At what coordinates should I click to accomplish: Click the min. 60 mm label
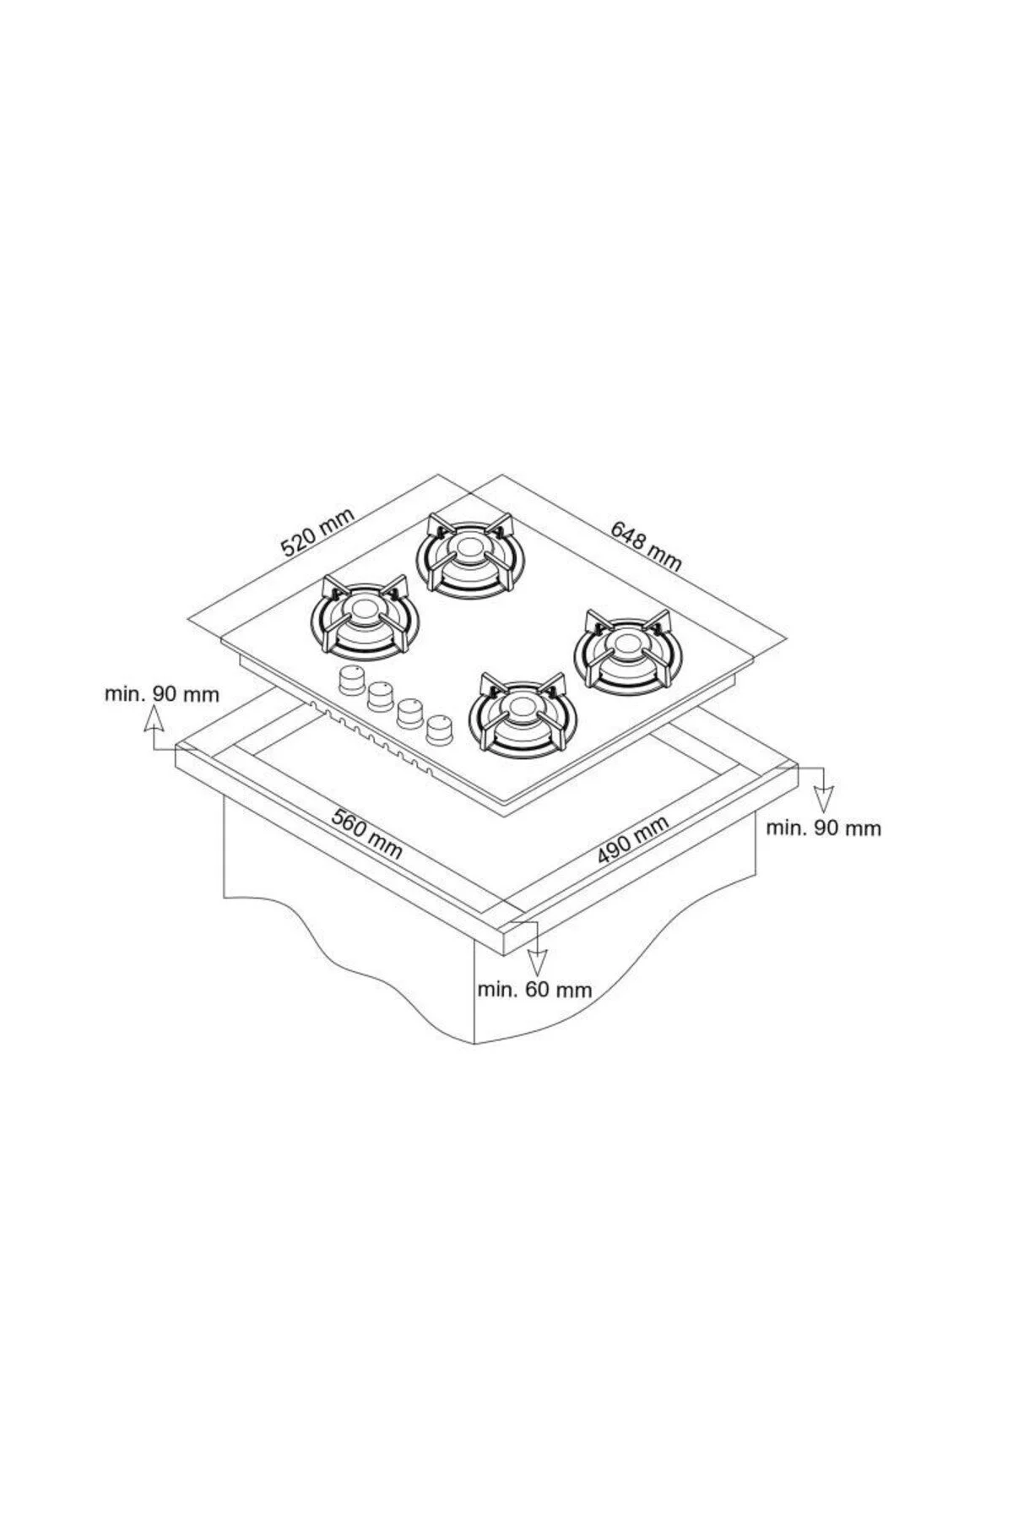[534, 989]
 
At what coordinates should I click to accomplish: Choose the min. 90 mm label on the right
[823, 828]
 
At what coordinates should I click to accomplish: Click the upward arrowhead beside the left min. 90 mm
[153, 719]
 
